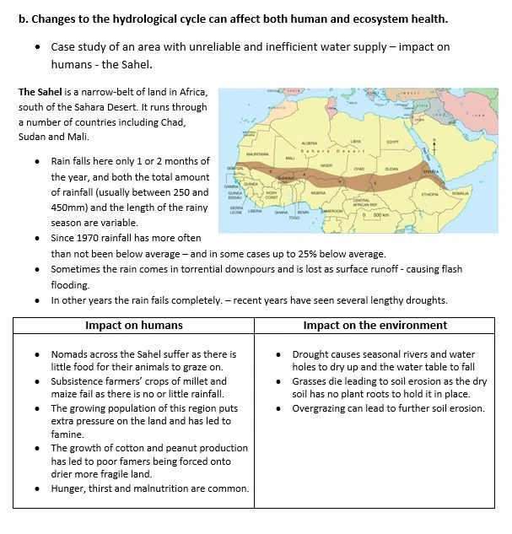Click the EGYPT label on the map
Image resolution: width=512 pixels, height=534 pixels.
[392, 143]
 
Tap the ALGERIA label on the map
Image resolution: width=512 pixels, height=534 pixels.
[309, 143]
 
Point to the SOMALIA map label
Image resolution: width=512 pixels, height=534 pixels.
[460, 193]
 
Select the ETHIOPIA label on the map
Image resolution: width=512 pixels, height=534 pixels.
[430, 194]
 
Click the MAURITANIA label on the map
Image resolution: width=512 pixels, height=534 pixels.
[258, 154]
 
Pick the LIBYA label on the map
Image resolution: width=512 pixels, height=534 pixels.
[355, 141]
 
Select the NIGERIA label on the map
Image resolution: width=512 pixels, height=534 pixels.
[318, 192]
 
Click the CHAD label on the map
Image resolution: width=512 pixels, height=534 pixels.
[358, 169]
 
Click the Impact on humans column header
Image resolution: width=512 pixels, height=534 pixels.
[134, 325]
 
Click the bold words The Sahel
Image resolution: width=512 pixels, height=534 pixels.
[39, 91]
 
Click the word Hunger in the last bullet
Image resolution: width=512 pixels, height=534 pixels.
[70, 488]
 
